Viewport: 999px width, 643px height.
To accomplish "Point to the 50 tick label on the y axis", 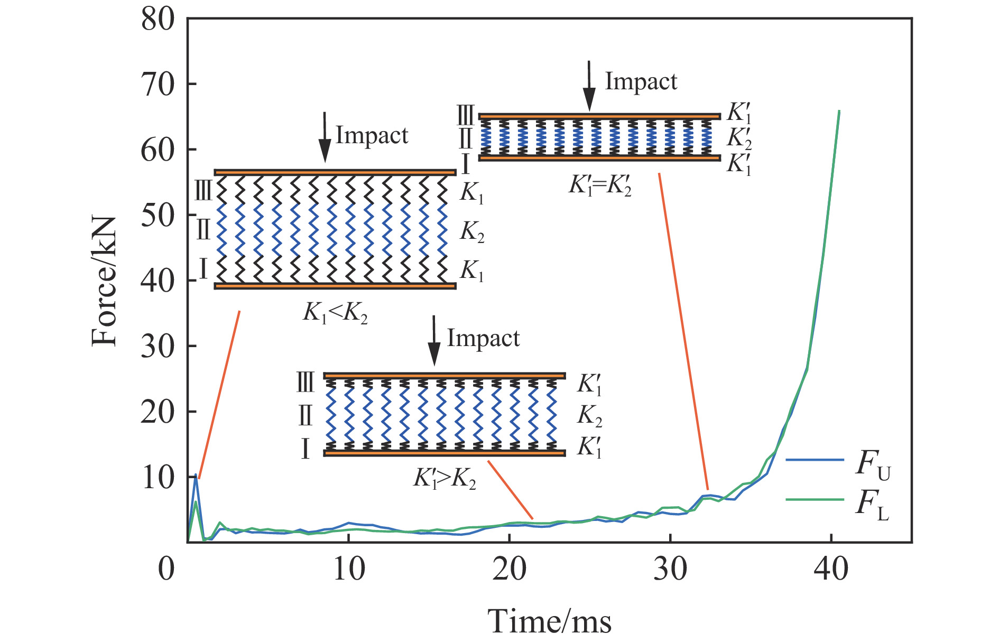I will click(x=158, y=216).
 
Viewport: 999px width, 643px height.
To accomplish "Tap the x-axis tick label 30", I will click(x=670, y=570).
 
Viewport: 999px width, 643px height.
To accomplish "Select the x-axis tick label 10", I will click(x=349, y=570).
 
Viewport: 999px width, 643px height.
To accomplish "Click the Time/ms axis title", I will click(x=549, y=621).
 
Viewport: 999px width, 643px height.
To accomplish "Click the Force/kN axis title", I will click(x=104, y=281).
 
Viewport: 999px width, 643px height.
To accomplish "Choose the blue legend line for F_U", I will click(x=814, y=460).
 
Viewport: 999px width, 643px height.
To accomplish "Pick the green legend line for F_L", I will click(x=814, y=499).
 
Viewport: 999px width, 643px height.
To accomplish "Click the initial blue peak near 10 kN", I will click(x=196, y=475).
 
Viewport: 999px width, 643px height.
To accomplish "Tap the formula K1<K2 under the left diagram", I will click(x=335, y=313).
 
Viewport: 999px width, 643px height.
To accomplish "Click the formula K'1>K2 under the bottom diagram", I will click(x=445, y=479).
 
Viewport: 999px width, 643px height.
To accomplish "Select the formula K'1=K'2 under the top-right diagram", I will click(x=600, y=186).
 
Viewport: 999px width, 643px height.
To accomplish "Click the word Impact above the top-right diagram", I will click(x=641, y=81).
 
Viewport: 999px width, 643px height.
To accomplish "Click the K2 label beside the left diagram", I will click(x=472, y=231).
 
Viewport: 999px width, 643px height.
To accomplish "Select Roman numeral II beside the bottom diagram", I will click(x=306, y=415).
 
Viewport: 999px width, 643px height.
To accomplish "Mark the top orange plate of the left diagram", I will click(x=335, y=172).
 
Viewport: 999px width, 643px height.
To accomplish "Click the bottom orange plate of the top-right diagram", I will click(x=599, y=157).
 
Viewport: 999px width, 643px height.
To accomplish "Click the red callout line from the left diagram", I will click(x=219, y=394).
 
